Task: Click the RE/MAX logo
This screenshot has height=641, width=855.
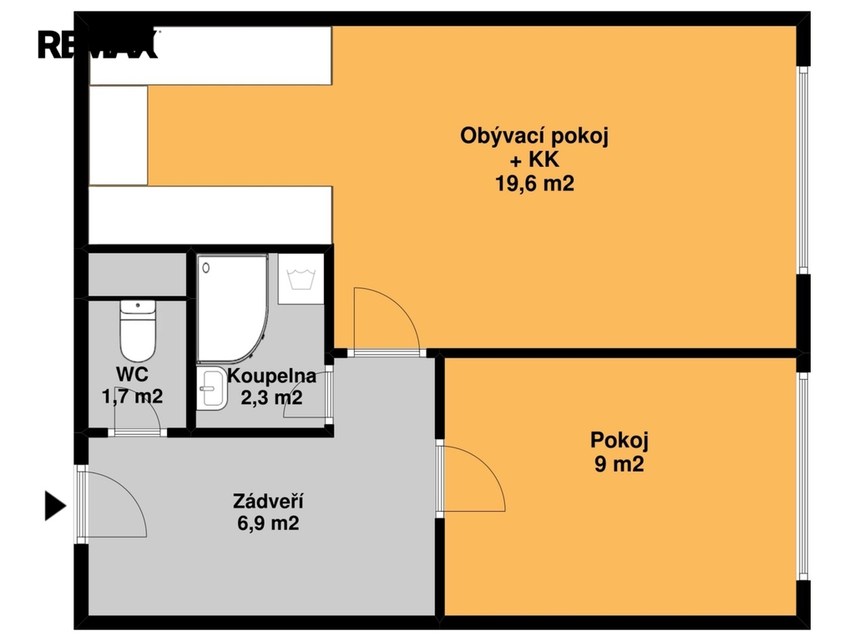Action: point(98,43)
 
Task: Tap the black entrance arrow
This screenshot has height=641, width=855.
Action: point(54,506)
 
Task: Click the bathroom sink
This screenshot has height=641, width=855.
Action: point(212,390)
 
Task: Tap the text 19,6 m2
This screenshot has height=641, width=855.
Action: point(534,184)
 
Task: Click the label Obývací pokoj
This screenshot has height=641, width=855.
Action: point(534,136)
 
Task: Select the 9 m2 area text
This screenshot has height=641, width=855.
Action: point(619,464)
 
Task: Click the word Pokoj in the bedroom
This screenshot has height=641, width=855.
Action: point(619,440)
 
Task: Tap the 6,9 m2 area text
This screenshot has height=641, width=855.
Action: point(267,524)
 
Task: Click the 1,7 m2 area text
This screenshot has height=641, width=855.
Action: point(132,396)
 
